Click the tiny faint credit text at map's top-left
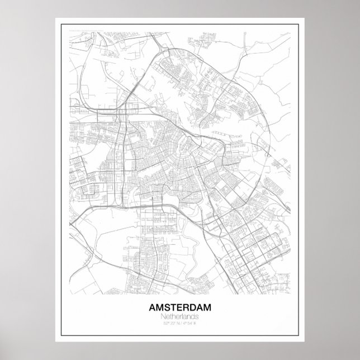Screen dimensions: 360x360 point(75,29)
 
